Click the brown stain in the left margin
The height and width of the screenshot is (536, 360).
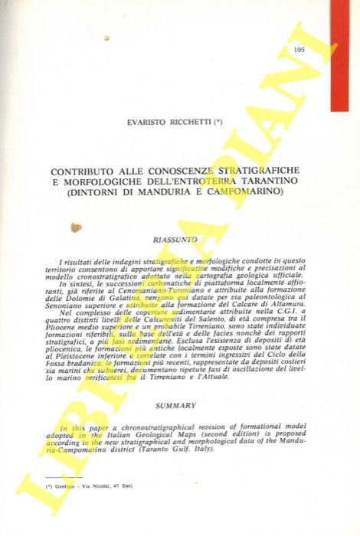[x=75, y=227]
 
